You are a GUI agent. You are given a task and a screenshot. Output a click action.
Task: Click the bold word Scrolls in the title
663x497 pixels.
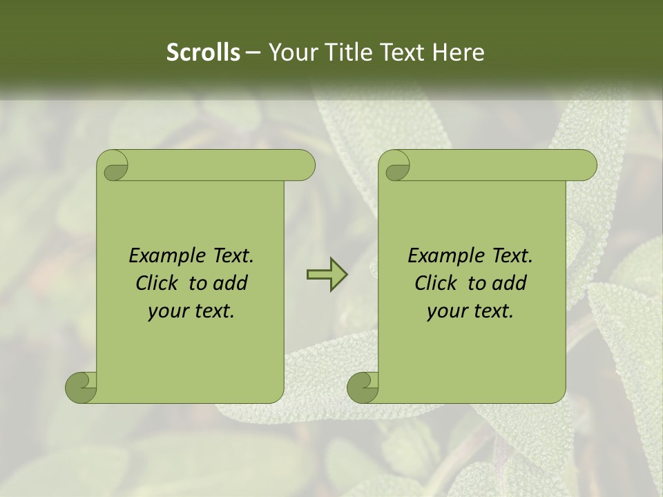coord(203,52)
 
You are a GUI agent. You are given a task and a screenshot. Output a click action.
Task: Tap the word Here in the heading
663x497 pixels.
coord(459,52)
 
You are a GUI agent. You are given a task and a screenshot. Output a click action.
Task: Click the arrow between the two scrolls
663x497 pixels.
coord(327,275)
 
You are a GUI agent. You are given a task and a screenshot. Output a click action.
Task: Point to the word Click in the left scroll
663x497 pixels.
coord(157,283)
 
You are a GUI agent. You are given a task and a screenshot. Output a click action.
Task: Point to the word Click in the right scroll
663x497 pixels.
coord(436,283)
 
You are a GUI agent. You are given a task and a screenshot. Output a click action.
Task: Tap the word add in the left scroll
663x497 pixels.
coord(231,283)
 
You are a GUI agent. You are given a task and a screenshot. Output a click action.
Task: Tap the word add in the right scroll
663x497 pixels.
coord(510,283)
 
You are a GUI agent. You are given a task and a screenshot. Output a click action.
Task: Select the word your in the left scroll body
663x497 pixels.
coord(167,311)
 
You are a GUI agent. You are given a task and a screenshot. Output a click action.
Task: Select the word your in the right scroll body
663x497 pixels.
coord(446,311)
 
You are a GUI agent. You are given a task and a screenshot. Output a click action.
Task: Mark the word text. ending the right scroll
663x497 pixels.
coord(492,311)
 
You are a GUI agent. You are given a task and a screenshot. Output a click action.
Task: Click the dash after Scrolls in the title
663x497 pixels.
coord(253,53)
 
